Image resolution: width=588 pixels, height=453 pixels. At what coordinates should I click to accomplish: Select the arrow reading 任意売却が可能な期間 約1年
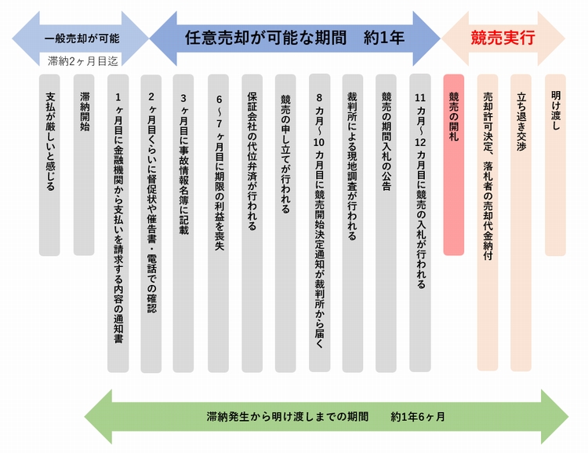click(x=294, y=37)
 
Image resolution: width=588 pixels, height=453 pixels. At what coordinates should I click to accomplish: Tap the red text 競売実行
click(x=503, y=37)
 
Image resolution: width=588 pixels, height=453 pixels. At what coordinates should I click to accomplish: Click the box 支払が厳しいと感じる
click(x=50, y=165)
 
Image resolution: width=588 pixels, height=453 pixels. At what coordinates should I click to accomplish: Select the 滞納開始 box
click(x=84, y=165)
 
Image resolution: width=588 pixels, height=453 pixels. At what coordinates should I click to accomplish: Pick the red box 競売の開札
click(x=454, y=165)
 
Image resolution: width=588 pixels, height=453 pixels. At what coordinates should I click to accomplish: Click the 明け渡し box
click(x=555, y=165)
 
